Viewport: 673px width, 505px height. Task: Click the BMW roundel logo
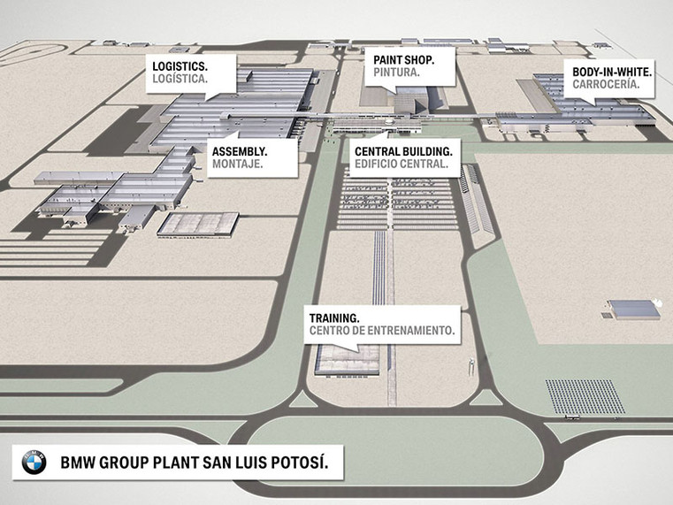pyautogui.click(x=34, y=463)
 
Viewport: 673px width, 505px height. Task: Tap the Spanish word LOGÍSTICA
pyautogui.click(x=180, y=79)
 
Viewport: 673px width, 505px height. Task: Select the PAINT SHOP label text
pyautogui.click(x=404, y=59)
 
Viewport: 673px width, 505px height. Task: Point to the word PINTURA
pyautogui.click(x=396, y=73)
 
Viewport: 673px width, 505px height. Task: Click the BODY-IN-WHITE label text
pyautogui.click(x=612, y=72)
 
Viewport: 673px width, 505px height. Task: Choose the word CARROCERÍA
pyautogui.click(x=606, y=84)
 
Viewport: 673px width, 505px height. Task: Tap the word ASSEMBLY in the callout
pyautogui.click(x=240, y=151)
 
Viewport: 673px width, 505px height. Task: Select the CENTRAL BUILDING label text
pyautogui.click(x=403, y=151)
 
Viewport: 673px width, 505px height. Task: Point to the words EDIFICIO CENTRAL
pyautogui.click(x=402, y=164)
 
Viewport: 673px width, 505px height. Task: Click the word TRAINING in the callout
pyautogui.click(x=334, y=318)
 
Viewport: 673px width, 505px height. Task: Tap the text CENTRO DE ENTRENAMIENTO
pyautogui.click(x=382, y=331)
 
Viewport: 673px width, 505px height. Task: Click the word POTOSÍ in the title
pyautogui.click(x=300, y=463)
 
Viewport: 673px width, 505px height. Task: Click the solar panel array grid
pyautogui.click(x=585, y=396)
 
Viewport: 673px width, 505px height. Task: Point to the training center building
pyautogui.click(x=348, y=361)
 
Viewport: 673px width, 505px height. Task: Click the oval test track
pyautogui.click(x=29, y=54)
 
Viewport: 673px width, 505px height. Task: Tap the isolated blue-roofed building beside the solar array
pyautogui.click(x=635, y=310)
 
